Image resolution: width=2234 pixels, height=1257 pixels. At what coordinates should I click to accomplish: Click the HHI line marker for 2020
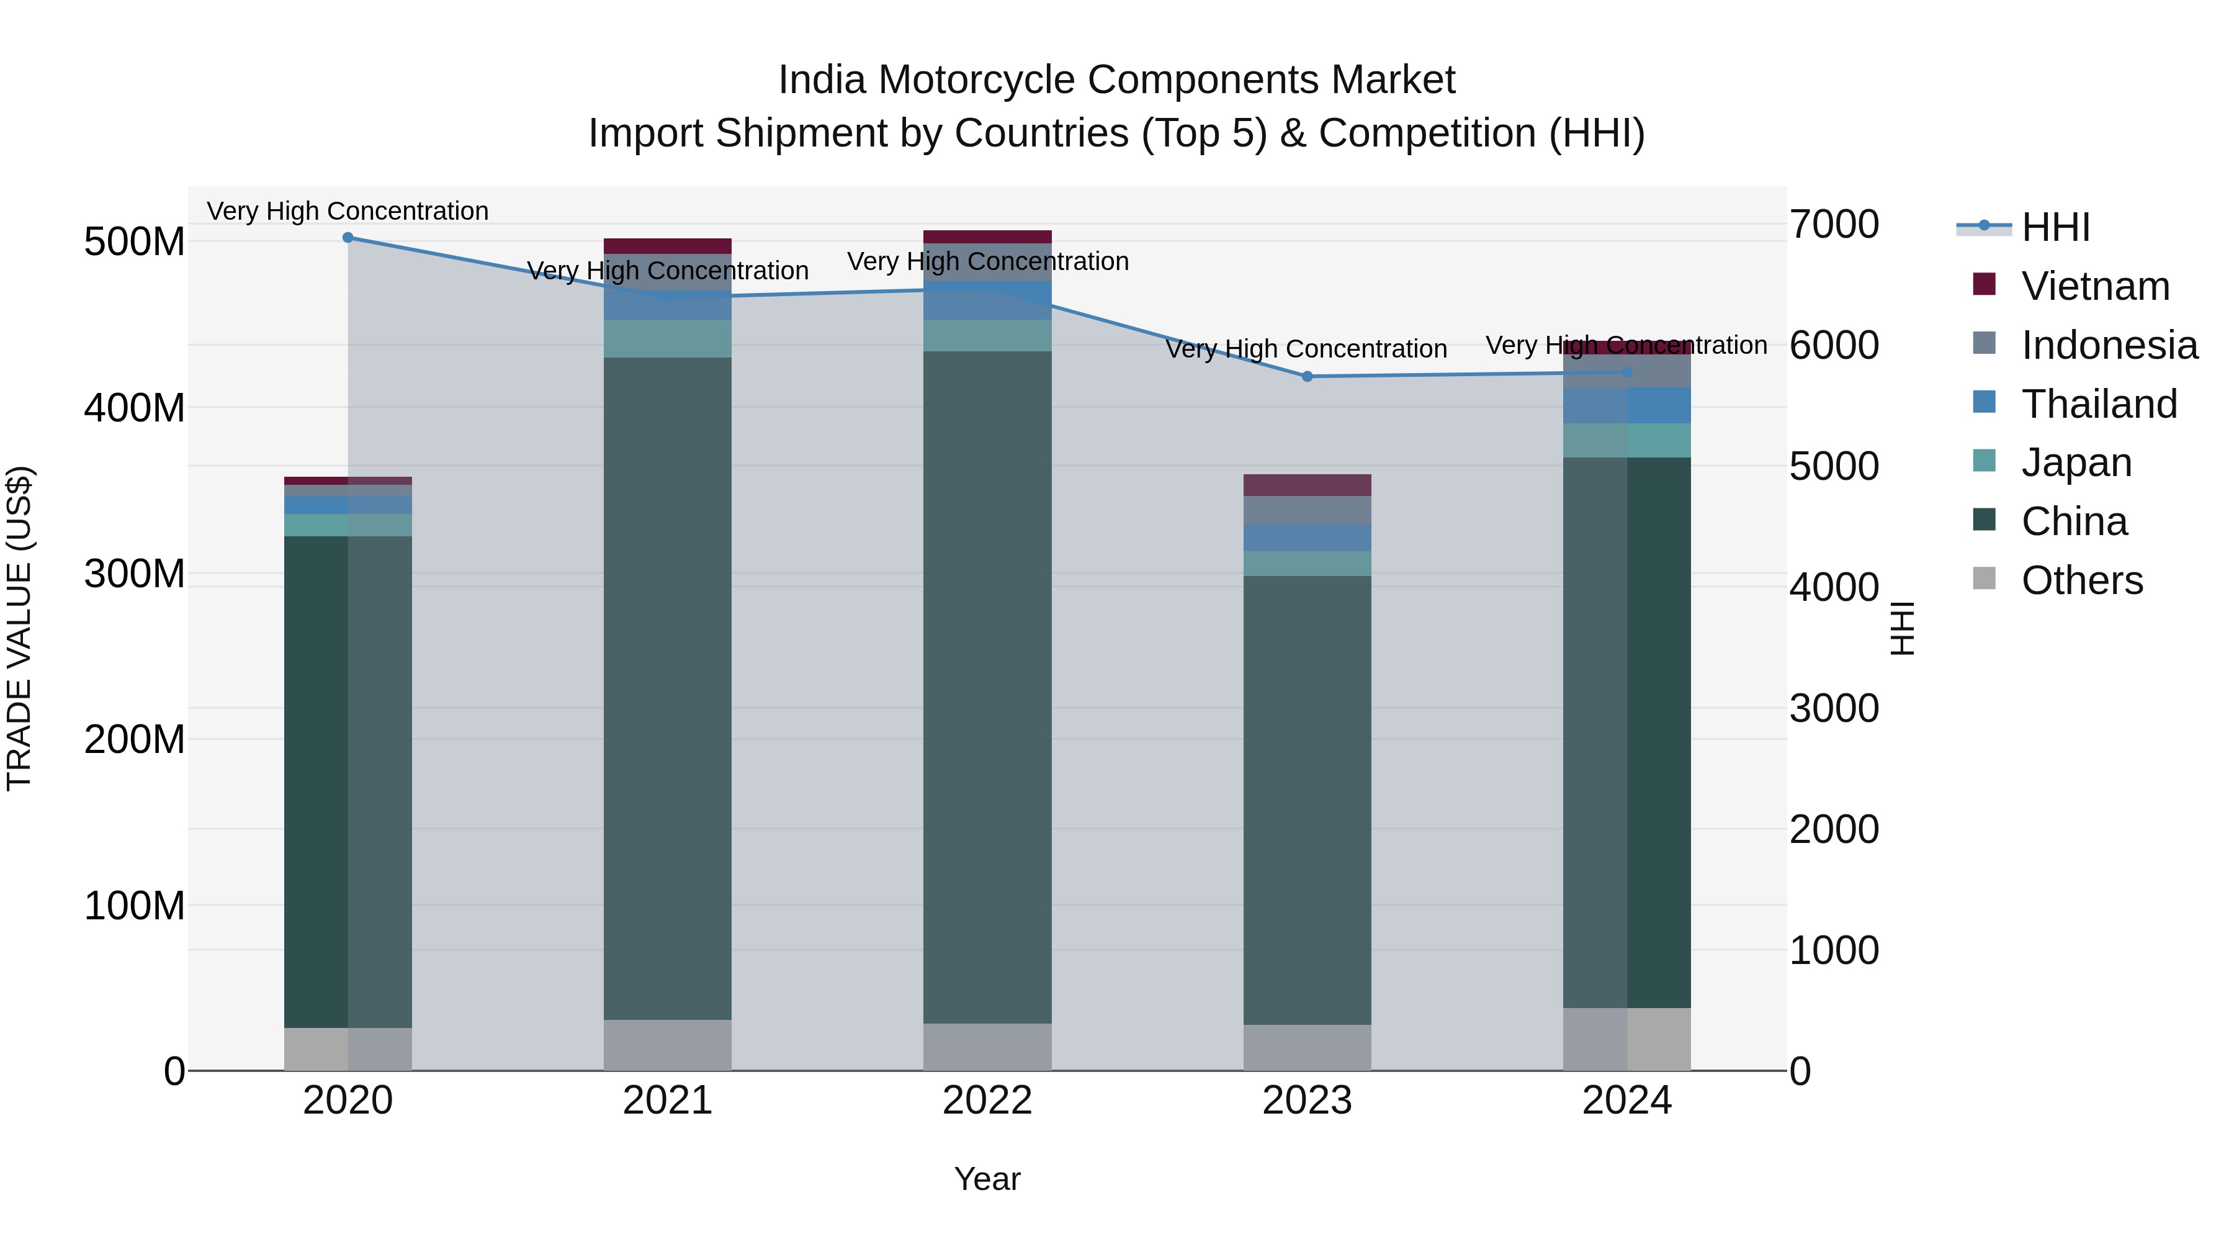coord(348,237)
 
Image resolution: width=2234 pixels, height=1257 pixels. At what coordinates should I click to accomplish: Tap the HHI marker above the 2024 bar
coord(1627,372)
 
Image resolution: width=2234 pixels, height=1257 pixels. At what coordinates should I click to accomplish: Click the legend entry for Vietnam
coord(2094,286)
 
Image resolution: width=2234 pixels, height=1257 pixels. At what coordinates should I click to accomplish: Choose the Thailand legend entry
coord(2099,404)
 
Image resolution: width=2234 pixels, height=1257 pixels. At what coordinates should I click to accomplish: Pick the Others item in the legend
coord(2081,580)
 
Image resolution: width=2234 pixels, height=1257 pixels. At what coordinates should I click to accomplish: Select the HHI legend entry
coord(2055,227)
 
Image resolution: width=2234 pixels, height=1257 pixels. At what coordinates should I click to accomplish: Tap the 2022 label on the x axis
coord(987,1101)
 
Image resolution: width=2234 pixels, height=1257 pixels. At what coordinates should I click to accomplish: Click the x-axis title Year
coord(987,1179)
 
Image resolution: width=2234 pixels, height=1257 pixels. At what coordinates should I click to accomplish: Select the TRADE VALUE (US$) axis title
coord(19,628)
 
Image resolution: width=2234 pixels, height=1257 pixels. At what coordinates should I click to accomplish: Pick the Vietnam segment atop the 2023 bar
coord(1307,485)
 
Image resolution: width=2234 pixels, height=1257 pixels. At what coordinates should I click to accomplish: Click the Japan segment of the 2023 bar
coord(1307,564)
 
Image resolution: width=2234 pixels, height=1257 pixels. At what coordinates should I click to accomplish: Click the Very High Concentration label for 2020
coord(348,211)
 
